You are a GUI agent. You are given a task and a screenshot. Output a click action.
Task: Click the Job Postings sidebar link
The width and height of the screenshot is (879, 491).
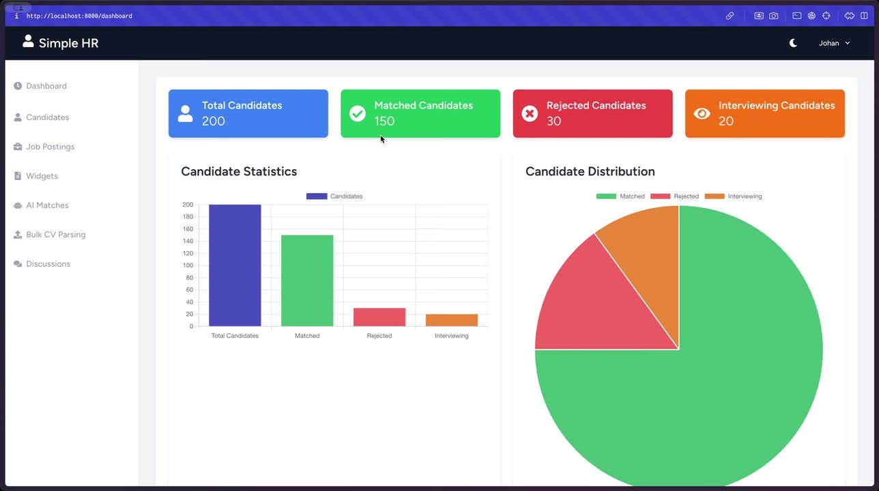50,147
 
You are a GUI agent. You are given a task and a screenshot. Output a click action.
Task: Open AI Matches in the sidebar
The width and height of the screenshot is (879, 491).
47,205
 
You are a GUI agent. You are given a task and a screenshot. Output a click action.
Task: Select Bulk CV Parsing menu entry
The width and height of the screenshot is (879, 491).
55,235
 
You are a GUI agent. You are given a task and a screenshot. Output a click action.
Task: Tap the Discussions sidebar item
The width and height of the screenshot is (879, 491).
48,264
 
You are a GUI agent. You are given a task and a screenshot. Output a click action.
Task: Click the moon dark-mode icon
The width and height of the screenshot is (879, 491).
793,43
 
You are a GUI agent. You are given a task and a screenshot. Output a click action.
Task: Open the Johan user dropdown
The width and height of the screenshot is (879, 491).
834,43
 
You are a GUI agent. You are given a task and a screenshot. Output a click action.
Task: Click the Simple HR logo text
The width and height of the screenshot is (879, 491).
68,43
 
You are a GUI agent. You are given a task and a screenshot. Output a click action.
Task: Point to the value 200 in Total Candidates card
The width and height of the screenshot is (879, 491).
213,121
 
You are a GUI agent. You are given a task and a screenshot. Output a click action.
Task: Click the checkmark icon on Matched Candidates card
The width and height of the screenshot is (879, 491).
358,114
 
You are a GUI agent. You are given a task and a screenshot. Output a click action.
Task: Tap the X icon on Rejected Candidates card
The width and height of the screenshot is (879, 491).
530,114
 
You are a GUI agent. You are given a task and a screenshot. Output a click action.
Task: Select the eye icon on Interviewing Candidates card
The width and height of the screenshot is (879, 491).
702,114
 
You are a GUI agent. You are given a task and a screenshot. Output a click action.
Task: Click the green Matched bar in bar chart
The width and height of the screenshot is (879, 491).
307,280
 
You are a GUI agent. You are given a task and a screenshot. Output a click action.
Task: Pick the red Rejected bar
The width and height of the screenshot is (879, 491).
379,317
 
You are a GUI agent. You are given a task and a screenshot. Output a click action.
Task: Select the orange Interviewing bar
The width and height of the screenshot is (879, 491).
452,320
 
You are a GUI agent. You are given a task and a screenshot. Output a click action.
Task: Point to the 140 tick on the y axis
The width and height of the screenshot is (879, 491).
188,241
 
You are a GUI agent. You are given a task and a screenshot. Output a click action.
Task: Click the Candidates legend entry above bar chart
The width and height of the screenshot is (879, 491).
334,196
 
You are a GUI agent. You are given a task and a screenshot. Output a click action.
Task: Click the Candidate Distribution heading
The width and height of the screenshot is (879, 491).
590,171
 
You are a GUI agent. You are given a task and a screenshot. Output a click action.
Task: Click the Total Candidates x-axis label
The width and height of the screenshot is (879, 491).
235,336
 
